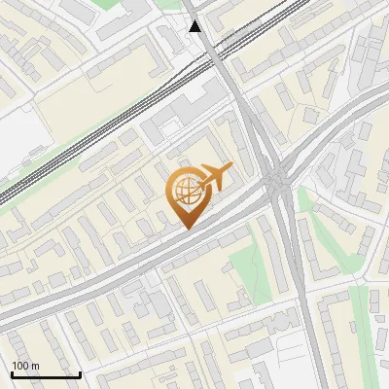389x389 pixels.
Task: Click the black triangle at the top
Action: click(x=195, y=26)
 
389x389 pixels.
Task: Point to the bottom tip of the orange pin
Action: click(x=185, y=230)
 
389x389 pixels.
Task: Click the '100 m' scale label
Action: click(x=26, y=366)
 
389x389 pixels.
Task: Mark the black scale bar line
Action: click(x=45, y=374)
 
